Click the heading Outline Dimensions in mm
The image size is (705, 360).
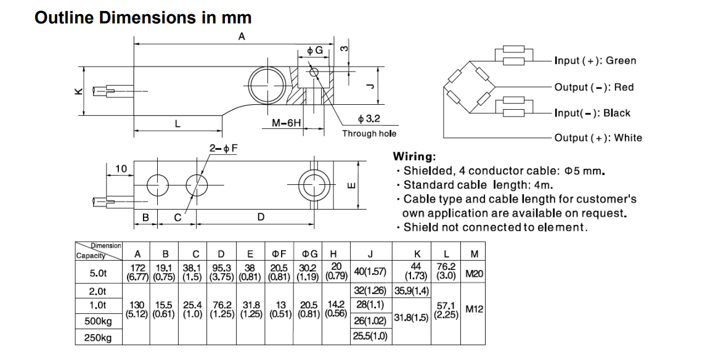[143, 17]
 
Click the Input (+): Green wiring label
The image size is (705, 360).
[595, 60]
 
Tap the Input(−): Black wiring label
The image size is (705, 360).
[592, 113]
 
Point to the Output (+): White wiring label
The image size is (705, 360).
[598, 137]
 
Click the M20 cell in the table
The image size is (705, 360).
[474, 272]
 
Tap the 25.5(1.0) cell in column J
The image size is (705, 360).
[370, 337]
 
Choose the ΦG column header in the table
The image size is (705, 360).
[309, 253]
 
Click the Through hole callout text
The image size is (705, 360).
[369, 134]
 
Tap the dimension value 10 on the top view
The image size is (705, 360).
[121, 168]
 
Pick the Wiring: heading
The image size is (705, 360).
[414, 157]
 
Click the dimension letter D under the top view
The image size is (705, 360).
[261, 217]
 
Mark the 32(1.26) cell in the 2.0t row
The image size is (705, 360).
[370, 290]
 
